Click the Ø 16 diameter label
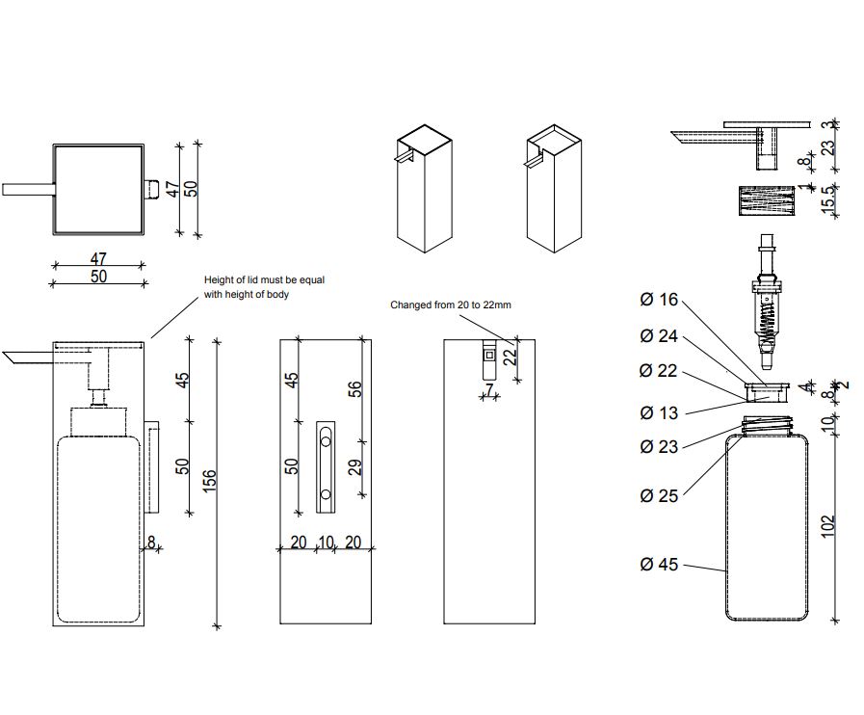(x=659, y=300)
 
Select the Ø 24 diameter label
(x=659, y=336)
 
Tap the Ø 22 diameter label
(x=659, y=372)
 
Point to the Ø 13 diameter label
(x=659, y=412)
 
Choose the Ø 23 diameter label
(x=659, y=446)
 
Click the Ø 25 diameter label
(x=659, y=496)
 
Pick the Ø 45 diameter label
(x=659, y=565)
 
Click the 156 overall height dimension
(x=211, y=479)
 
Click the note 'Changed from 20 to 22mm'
(x=450, y=305)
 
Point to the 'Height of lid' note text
(x=264, y=287)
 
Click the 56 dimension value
(x=355, y=388)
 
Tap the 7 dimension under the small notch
(x=489, y=389)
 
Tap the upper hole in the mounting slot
(x=326, y=440)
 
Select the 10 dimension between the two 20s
(x=326, y=543)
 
